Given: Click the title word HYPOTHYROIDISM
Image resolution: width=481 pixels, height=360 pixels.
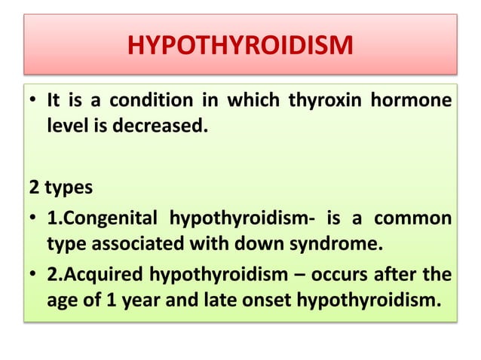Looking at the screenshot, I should click(x=240, y=47).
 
